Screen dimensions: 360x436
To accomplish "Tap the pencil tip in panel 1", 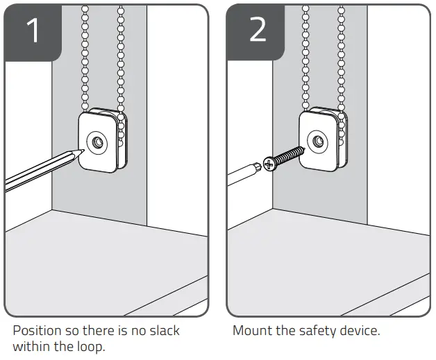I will pos(81,151).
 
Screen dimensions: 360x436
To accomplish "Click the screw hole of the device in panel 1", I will pos(96,143).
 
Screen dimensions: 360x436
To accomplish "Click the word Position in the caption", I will pos(37,331).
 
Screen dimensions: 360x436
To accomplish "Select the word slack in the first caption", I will pos(163,331).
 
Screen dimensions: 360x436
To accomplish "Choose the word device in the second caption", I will pos(360,331).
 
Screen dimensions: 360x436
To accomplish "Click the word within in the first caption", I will pos(31,346).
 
